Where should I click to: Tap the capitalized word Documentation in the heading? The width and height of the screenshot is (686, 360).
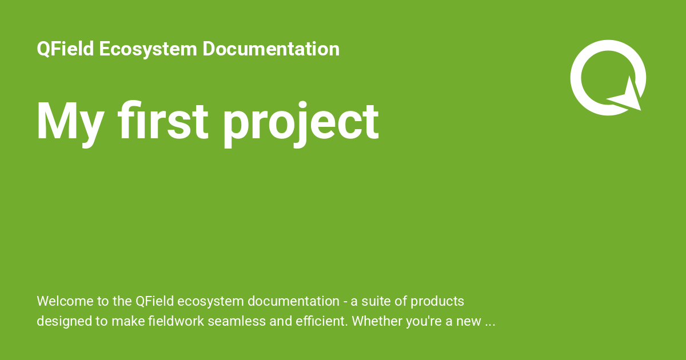(271, 49)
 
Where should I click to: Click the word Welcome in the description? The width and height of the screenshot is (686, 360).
(62, 301)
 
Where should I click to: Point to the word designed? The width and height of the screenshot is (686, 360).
(63, 321)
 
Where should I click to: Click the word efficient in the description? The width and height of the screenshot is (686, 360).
(317, 321)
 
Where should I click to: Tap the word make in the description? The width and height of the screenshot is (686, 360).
(126, 321)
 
